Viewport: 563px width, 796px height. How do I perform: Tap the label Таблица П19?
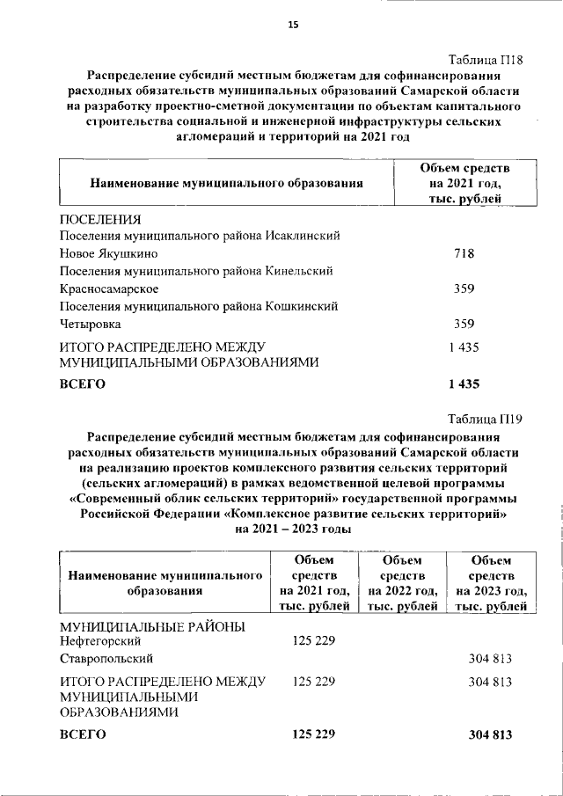486,419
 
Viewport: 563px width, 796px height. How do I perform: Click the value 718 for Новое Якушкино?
464,254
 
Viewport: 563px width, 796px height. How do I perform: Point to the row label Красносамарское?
108,288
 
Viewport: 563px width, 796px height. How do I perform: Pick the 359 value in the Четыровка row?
464,324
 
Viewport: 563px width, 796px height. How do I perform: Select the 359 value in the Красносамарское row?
464,288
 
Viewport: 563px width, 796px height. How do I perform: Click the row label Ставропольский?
106,658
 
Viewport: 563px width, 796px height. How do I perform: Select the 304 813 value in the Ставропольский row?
490,658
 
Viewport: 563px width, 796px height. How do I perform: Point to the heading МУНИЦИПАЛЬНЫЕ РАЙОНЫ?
150,625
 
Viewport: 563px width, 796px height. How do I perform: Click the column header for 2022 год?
402,582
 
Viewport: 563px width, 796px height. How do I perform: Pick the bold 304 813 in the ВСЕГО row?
490,734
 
